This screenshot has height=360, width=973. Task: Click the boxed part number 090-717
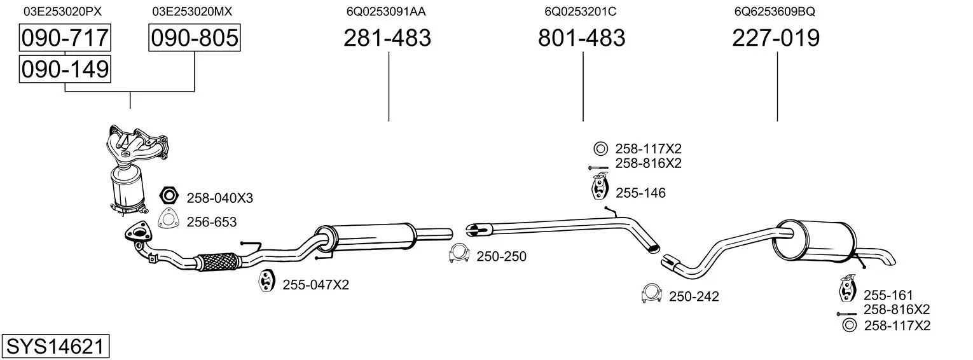tap(65, 38)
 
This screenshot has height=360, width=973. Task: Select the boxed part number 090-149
tap(65, 69)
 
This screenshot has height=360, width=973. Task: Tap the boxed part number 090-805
tap(194, 38)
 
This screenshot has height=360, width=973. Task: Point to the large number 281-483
tap(387, 38)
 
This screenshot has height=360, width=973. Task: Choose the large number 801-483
tap(581, 38)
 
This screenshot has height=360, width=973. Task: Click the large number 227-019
tap(776, 38)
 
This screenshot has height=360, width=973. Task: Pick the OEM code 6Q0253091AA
tap(386, 11)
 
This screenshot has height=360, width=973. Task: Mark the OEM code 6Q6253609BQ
tap(774, 11)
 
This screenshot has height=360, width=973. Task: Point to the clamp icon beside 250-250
tap(459, 253)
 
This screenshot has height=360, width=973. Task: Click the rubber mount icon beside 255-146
tap(598, 189)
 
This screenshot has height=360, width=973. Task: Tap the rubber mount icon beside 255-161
tap(847, 289)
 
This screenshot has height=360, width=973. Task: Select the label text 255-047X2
tap(315, 285)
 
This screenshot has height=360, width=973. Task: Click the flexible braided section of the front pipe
tap(217, 261)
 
